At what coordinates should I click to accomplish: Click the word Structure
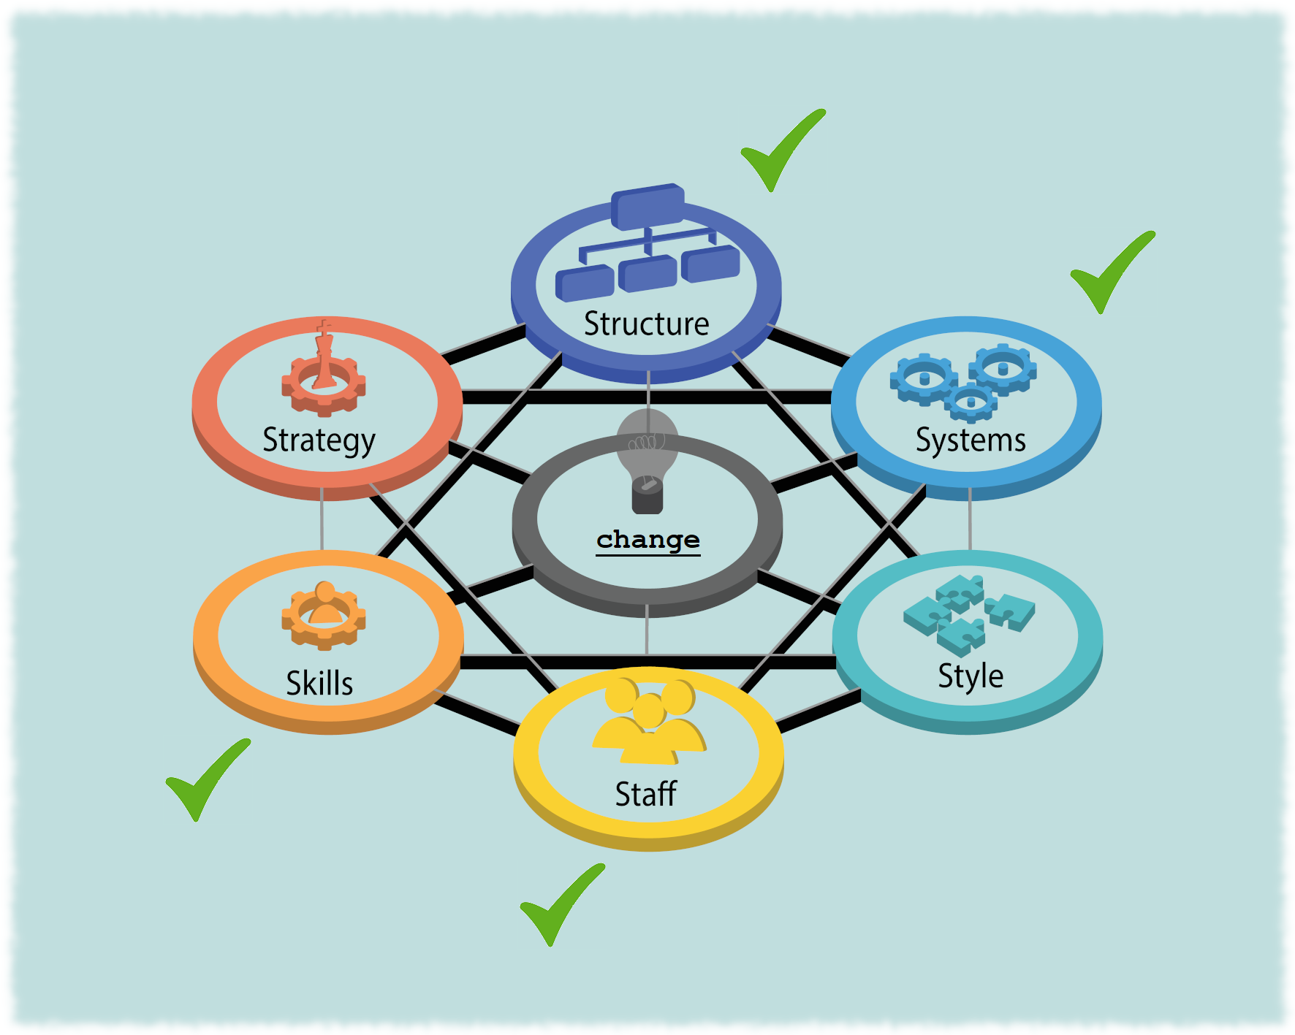[646, 324]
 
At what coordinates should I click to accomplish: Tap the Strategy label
[319, 441]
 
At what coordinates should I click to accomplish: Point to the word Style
[971, 676]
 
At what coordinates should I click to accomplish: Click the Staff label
[646, 793]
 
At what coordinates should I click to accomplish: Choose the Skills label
[319, 684]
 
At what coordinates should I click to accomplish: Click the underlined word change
[648, 541]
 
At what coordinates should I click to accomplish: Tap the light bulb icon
[647, 460]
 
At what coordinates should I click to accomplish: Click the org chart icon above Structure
[647, 242]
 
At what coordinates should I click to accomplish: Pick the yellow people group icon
[649, 721]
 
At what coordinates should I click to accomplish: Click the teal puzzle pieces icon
[969, 614]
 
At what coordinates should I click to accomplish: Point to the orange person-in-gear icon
[324, 615]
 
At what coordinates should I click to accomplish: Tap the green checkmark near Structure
[783, 150]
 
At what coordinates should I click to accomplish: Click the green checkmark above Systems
[1112, 272]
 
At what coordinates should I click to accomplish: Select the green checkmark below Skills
[208, 779]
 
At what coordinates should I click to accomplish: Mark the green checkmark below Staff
[562, 904]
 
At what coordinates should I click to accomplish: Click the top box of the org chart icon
[647, 205]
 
